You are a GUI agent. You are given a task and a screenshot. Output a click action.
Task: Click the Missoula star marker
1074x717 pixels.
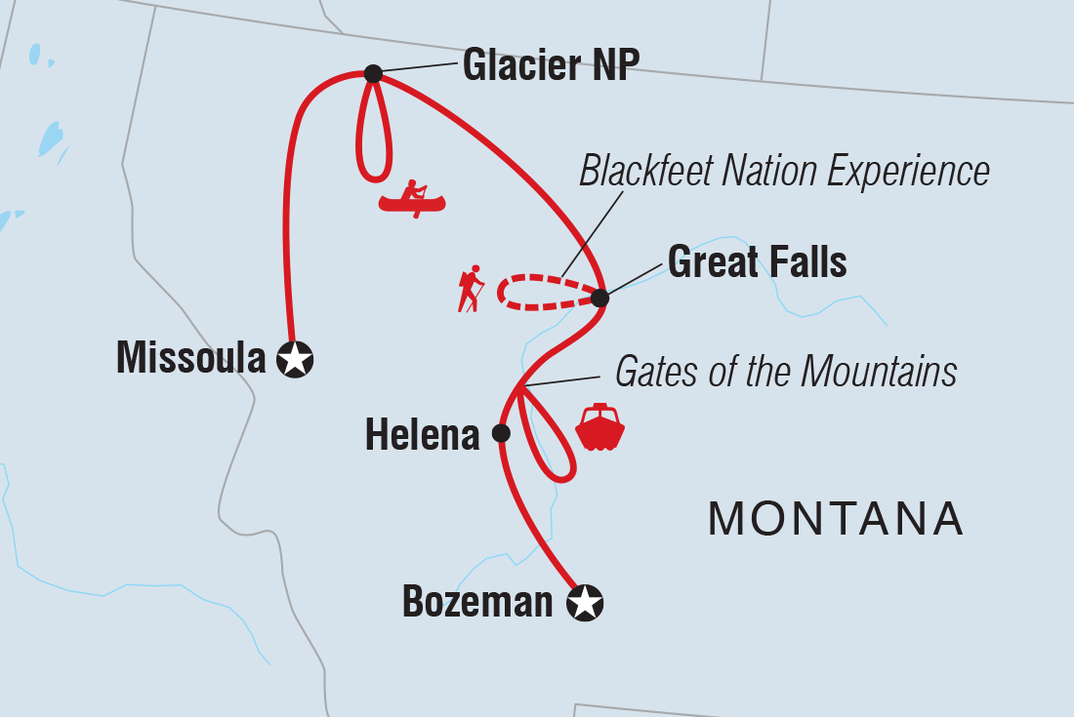[x=295, y=360]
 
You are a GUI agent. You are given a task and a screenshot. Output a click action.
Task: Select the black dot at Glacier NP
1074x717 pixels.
[x=373, y=73]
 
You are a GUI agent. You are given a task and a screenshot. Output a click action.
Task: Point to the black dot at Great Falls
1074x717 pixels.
[x=600, y=298]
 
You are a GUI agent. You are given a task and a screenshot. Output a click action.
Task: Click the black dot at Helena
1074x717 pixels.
[x=501, y=433]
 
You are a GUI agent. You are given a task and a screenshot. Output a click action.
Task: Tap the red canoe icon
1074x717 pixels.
[x=412, y=199]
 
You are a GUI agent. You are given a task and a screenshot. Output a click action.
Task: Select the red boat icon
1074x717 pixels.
[x=600, y=427]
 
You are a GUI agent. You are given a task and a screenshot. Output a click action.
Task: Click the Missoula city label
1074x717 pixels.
[x=190, y=359]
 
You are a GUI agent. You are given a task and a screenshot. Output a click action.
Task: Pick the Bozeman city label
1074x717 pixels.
[x=477, y=602]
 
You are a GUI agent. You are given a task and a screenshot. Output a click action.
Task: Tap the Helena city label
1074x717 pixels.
[x=422, y=435]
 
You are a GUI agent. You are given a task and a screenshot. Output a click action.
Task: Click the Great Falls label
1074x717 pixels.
[x=757, y=261]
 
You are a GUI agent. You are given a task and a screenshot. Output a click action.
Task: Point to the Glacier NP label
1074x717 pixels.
[x=551, y=65]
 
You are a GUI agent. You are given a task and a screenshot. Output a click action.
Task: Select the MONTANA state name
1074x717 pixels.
[x=836, y=519]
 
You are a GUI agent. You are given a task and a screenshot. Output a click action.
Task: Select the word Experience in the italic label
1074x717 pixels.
[x=908, y=172]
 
